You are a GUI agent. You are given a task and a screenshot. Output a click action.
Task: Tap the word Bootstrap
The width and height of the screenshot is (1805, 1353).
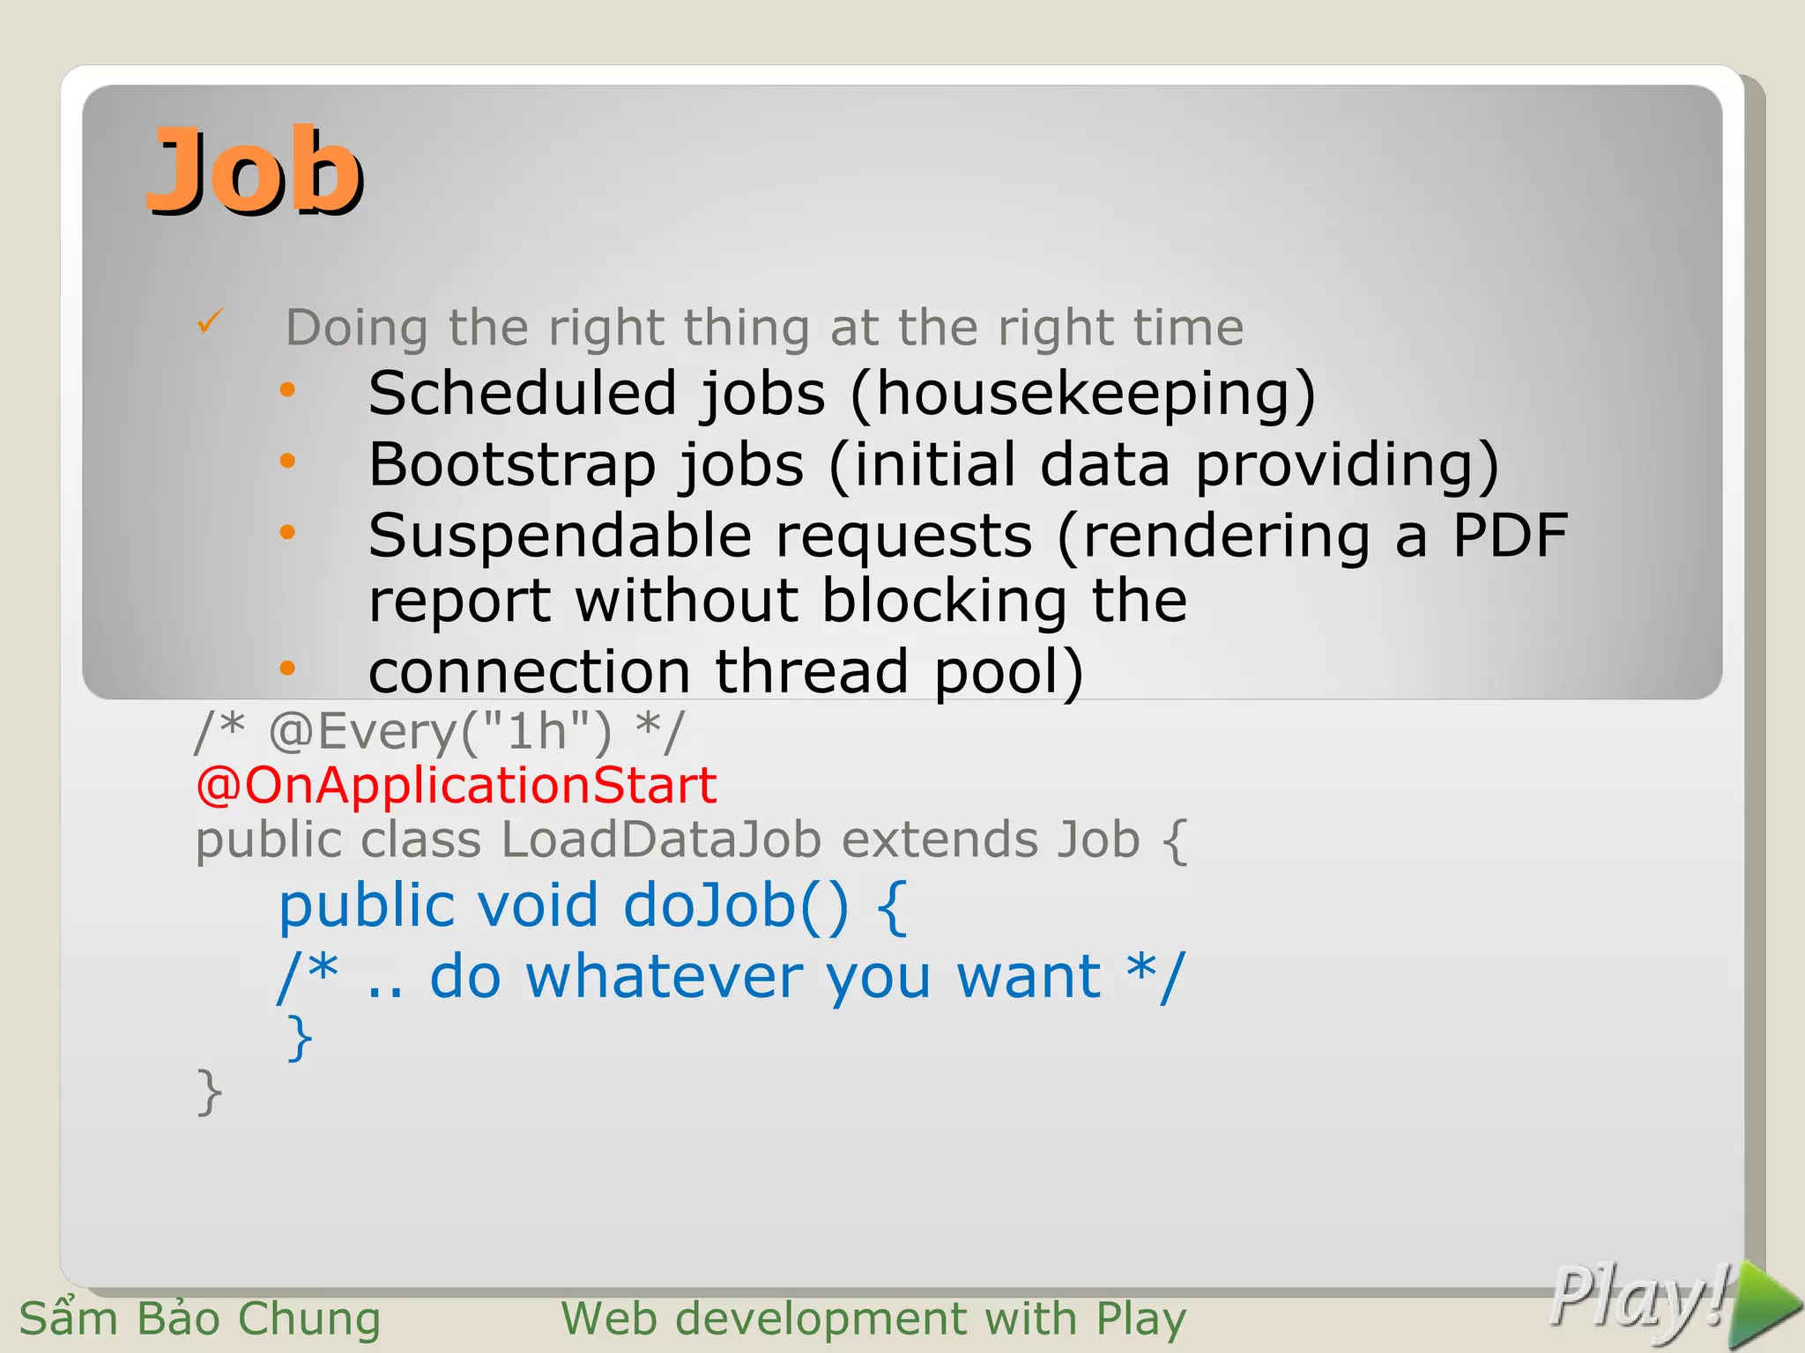pos(512,464)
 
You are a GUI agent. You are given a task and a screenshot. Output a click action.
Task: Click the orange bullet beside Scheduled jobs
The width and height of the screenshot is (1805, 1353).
pos(287,389)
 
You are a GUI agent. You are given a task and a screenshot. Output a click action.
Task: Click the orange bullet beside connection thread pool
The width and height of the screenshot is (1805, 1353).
pos(287,668)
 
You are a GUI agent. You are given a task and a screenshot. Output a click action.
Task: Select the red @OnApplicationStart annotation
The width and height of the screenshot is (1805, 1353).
pos(456,785)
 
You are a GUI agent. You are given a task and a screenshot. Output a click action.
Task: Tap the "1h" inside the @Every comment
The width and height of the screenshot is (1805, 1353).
pos(537,730)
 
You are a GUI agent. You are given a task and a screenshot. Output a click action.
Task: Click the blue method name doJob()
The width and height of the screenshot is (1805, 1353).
pos(736,906)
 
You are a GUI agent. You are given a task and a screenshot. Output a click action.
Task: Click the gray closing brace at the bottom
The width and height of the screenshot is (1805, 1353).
pos(210,1092)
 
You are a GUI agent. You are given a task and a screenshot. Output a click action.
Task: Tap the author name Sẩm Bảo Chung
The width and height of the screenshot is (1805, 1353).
pos(200,1320)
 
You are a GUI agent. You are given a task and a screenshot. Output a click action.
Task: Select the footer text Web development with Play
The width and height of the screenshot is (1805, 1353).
pos(873,1320)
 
